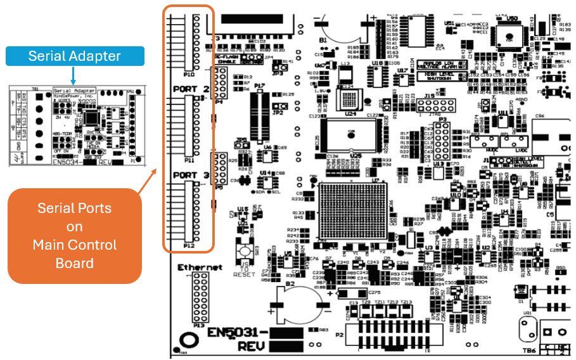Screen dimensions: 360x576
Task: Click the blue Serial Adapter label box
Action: [x=74, y=56]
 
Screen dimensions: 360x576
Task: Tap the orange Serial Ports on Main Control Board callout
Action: [x=74, y=235]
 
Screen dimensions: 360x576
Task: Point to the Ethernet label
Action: [x=200, y=267]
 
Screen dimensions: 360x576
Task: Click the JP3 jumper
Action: [x=277, y=65]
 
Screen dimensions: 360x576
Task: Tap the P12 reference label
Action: [x=189, y=245]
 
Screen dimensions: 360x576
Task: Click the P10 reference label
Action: [x=189, y=74]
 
